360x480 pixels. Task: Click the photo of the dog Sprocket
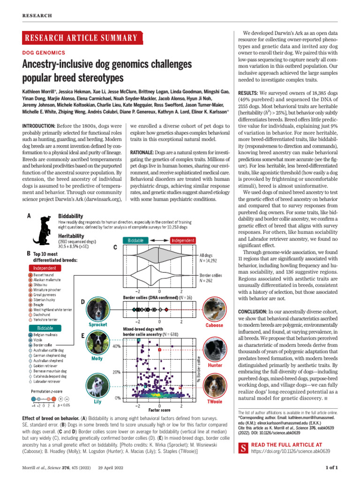98,308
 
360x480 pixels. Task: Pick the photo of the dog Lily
97,387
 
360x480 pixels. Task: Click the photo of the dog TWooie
215,386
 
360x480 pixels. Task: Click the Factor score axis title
159,411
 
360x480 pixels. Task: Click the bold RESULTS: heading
247,93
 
